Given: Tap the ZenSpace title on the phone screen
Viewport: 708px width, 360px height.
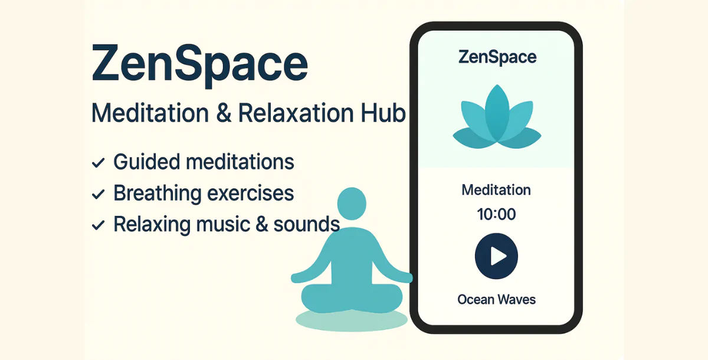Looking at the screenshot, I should [497, 58].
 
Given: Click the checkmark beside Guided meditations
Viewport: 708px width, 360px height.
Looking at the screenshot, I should [99, 162].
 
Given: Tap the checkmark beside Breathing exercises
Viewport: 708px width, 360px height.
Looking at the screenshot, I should [99, 194].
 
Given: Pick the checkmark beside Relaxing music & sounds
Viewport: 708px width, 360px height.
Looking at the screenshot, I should [99, 225].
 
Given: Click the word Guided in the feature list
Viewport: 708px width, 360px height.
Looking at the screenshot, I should [145, 162].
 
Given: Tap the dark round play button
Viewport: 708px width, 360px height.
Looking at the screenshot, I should [496, 256].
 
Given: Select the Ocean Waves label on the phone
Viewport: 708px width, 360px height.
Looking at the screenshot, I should [496, 299].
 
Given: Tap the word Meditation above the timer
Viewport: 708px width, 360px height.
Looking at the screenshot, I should [496, 190].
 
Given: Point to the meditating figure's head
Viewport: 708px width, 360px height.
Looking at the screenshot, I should [352, 204].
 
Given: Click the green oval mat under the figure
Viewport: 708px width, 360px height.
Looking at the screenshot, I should [352, 320].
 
